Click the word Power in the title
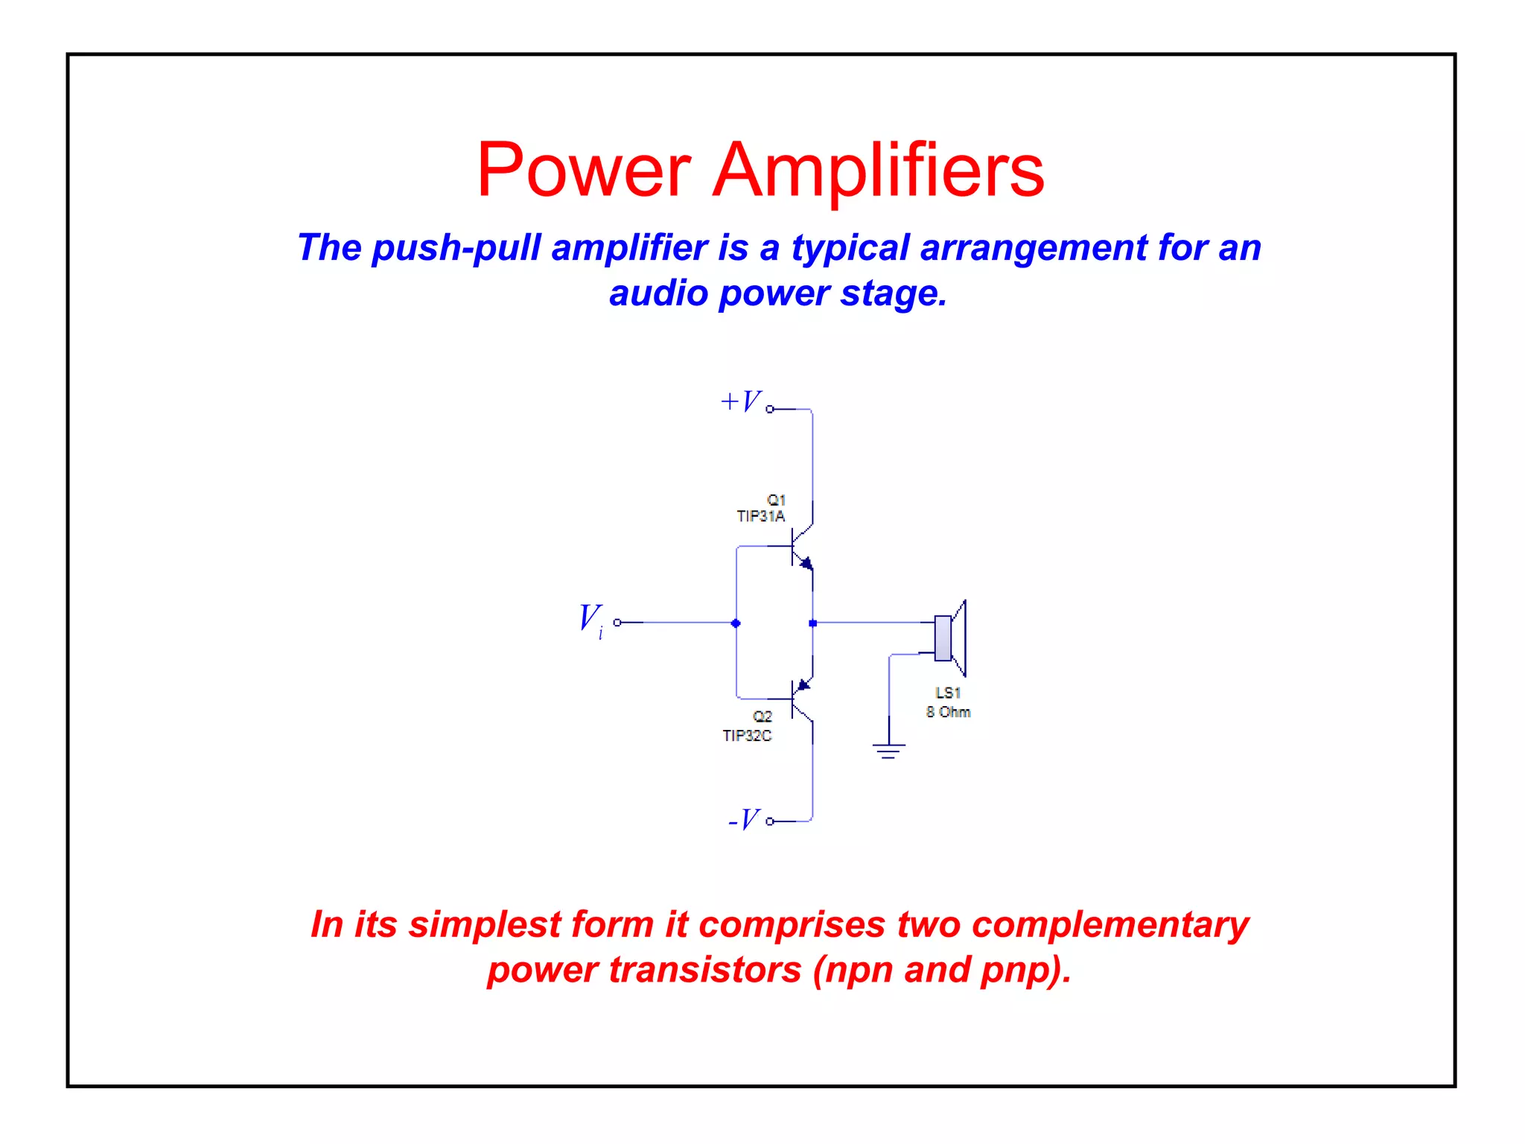tap(584, 171)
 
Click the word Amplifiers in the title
tap(878, 171)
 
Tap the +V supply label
tap(740, 401)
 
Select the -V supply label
tap(744, 820)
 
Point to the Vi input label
tap(590, 620)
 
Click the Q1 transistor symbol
tap(800, 547)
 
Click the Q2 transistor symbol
tap(800, 699)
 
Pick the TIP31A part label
tap(760, 516)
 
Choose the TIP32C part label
tap(747, 736)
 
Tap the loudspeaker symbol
tap(950, 638)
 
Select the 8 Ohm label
tap(948, 712)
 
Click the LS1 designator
tap(948, 693)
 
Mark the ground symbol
tap(888, 749)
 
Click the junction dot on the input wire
tap(736, 623)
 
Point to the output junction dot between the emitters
tap(812, 623)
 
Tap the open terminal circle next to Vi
tap(617, 623)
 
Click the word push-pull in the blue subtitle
tap(456, 248)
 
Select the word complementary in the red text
tap(1109, 925)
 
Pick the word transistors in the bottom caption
tap(704, 970)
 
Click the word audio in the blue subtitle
tap(658, 293)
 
